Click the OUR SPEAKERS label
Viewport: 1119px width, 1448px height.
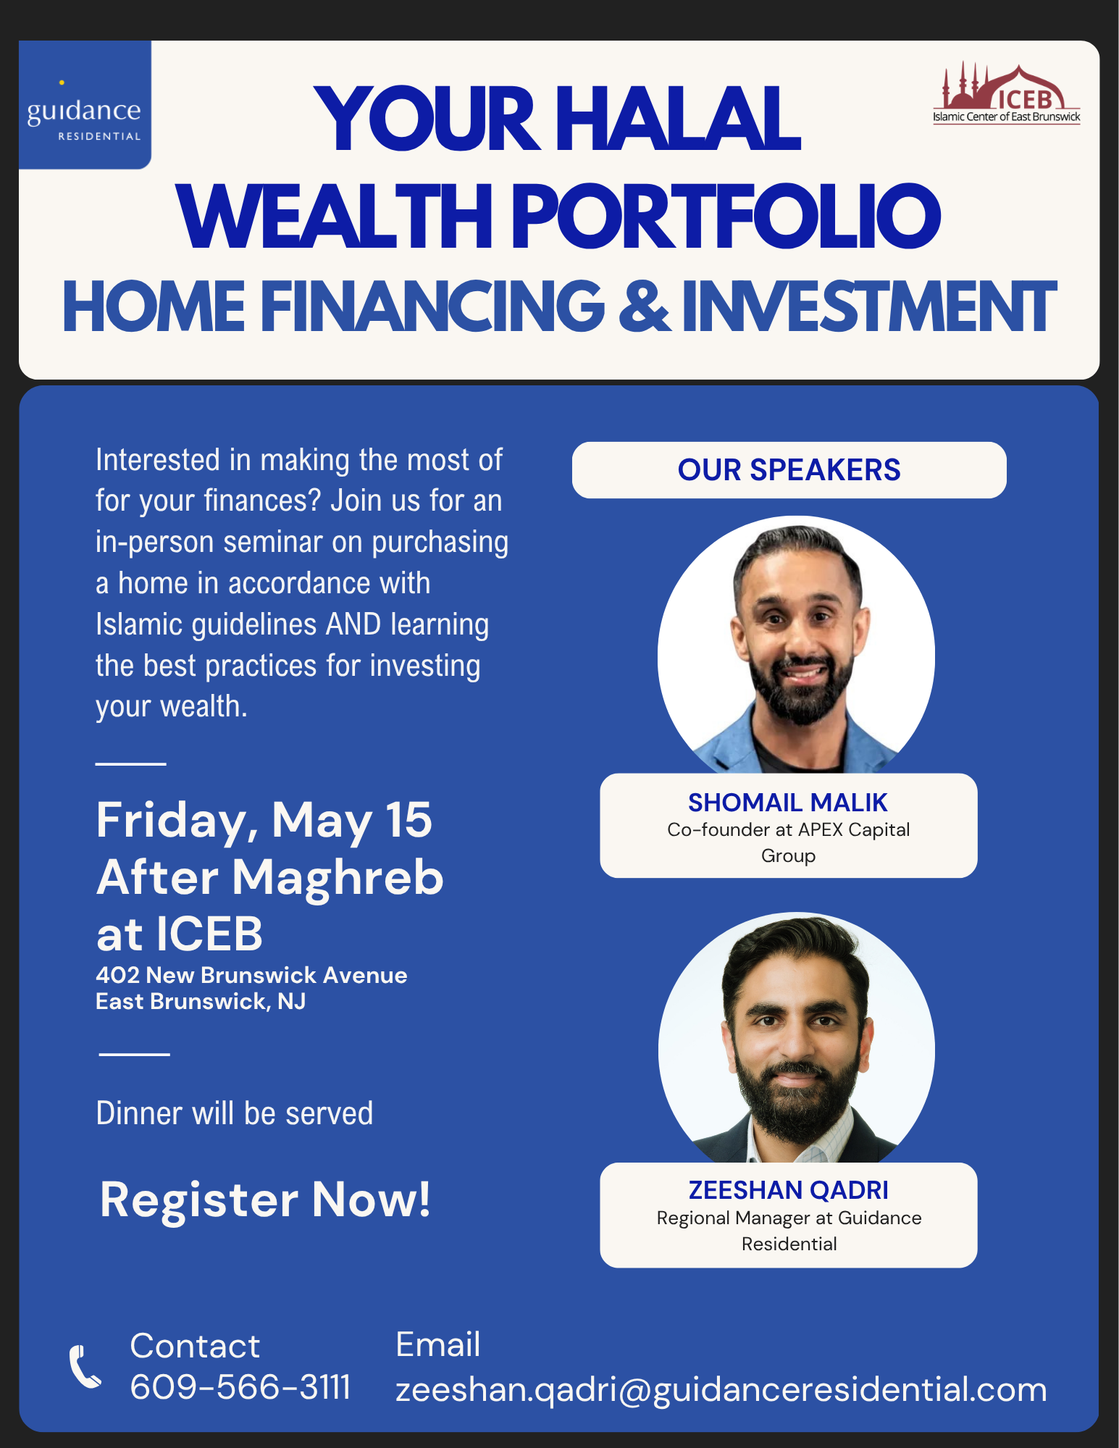click(789, 470)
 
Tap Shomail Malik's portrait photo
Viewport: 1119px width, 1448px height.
click(796, 645)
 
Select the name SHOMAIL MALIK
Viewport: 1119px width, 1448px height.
click(788, 803)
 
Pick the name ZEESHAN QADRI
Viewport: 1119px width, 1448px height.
click(788, 1190)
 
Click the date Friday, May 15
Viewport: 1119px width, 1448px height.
click(264, 821)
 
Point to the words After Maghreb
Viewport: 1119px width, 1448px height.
click(269, 877)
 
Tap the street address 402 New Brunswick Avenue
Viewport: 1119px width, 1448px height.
click(251, 975)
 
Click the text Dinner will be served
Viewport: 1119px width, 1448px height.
click(235, 1113)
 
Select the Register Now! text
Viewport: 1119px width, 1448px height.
click(265, 1200)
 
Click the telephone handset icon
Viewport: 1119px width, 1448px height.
click(85, 1367)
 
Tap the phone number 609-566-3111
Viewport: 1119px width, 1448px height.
click(240, 1387)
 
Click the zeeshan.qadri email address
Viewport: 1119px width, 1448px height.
click(721, 1389)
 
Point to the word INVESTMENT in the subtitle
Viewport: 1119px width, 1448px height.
click(868, 307)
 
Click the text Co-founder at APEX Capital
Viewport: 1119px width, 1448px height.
click(788, 829)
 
